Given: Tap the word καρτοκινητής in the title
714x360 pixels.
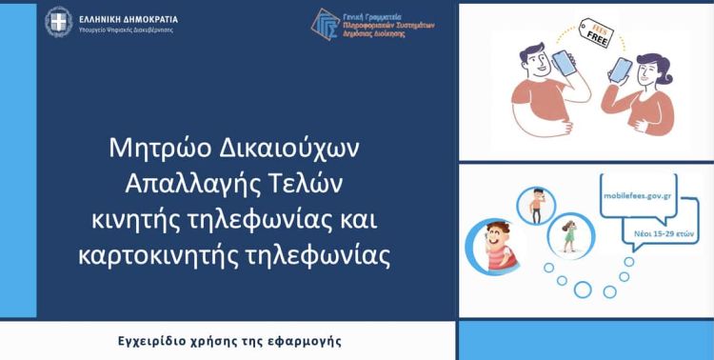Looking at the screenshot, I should (x=169, y=255).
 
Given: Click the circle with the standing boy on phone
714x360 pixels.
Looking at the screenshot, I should (x=536, y=205).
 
